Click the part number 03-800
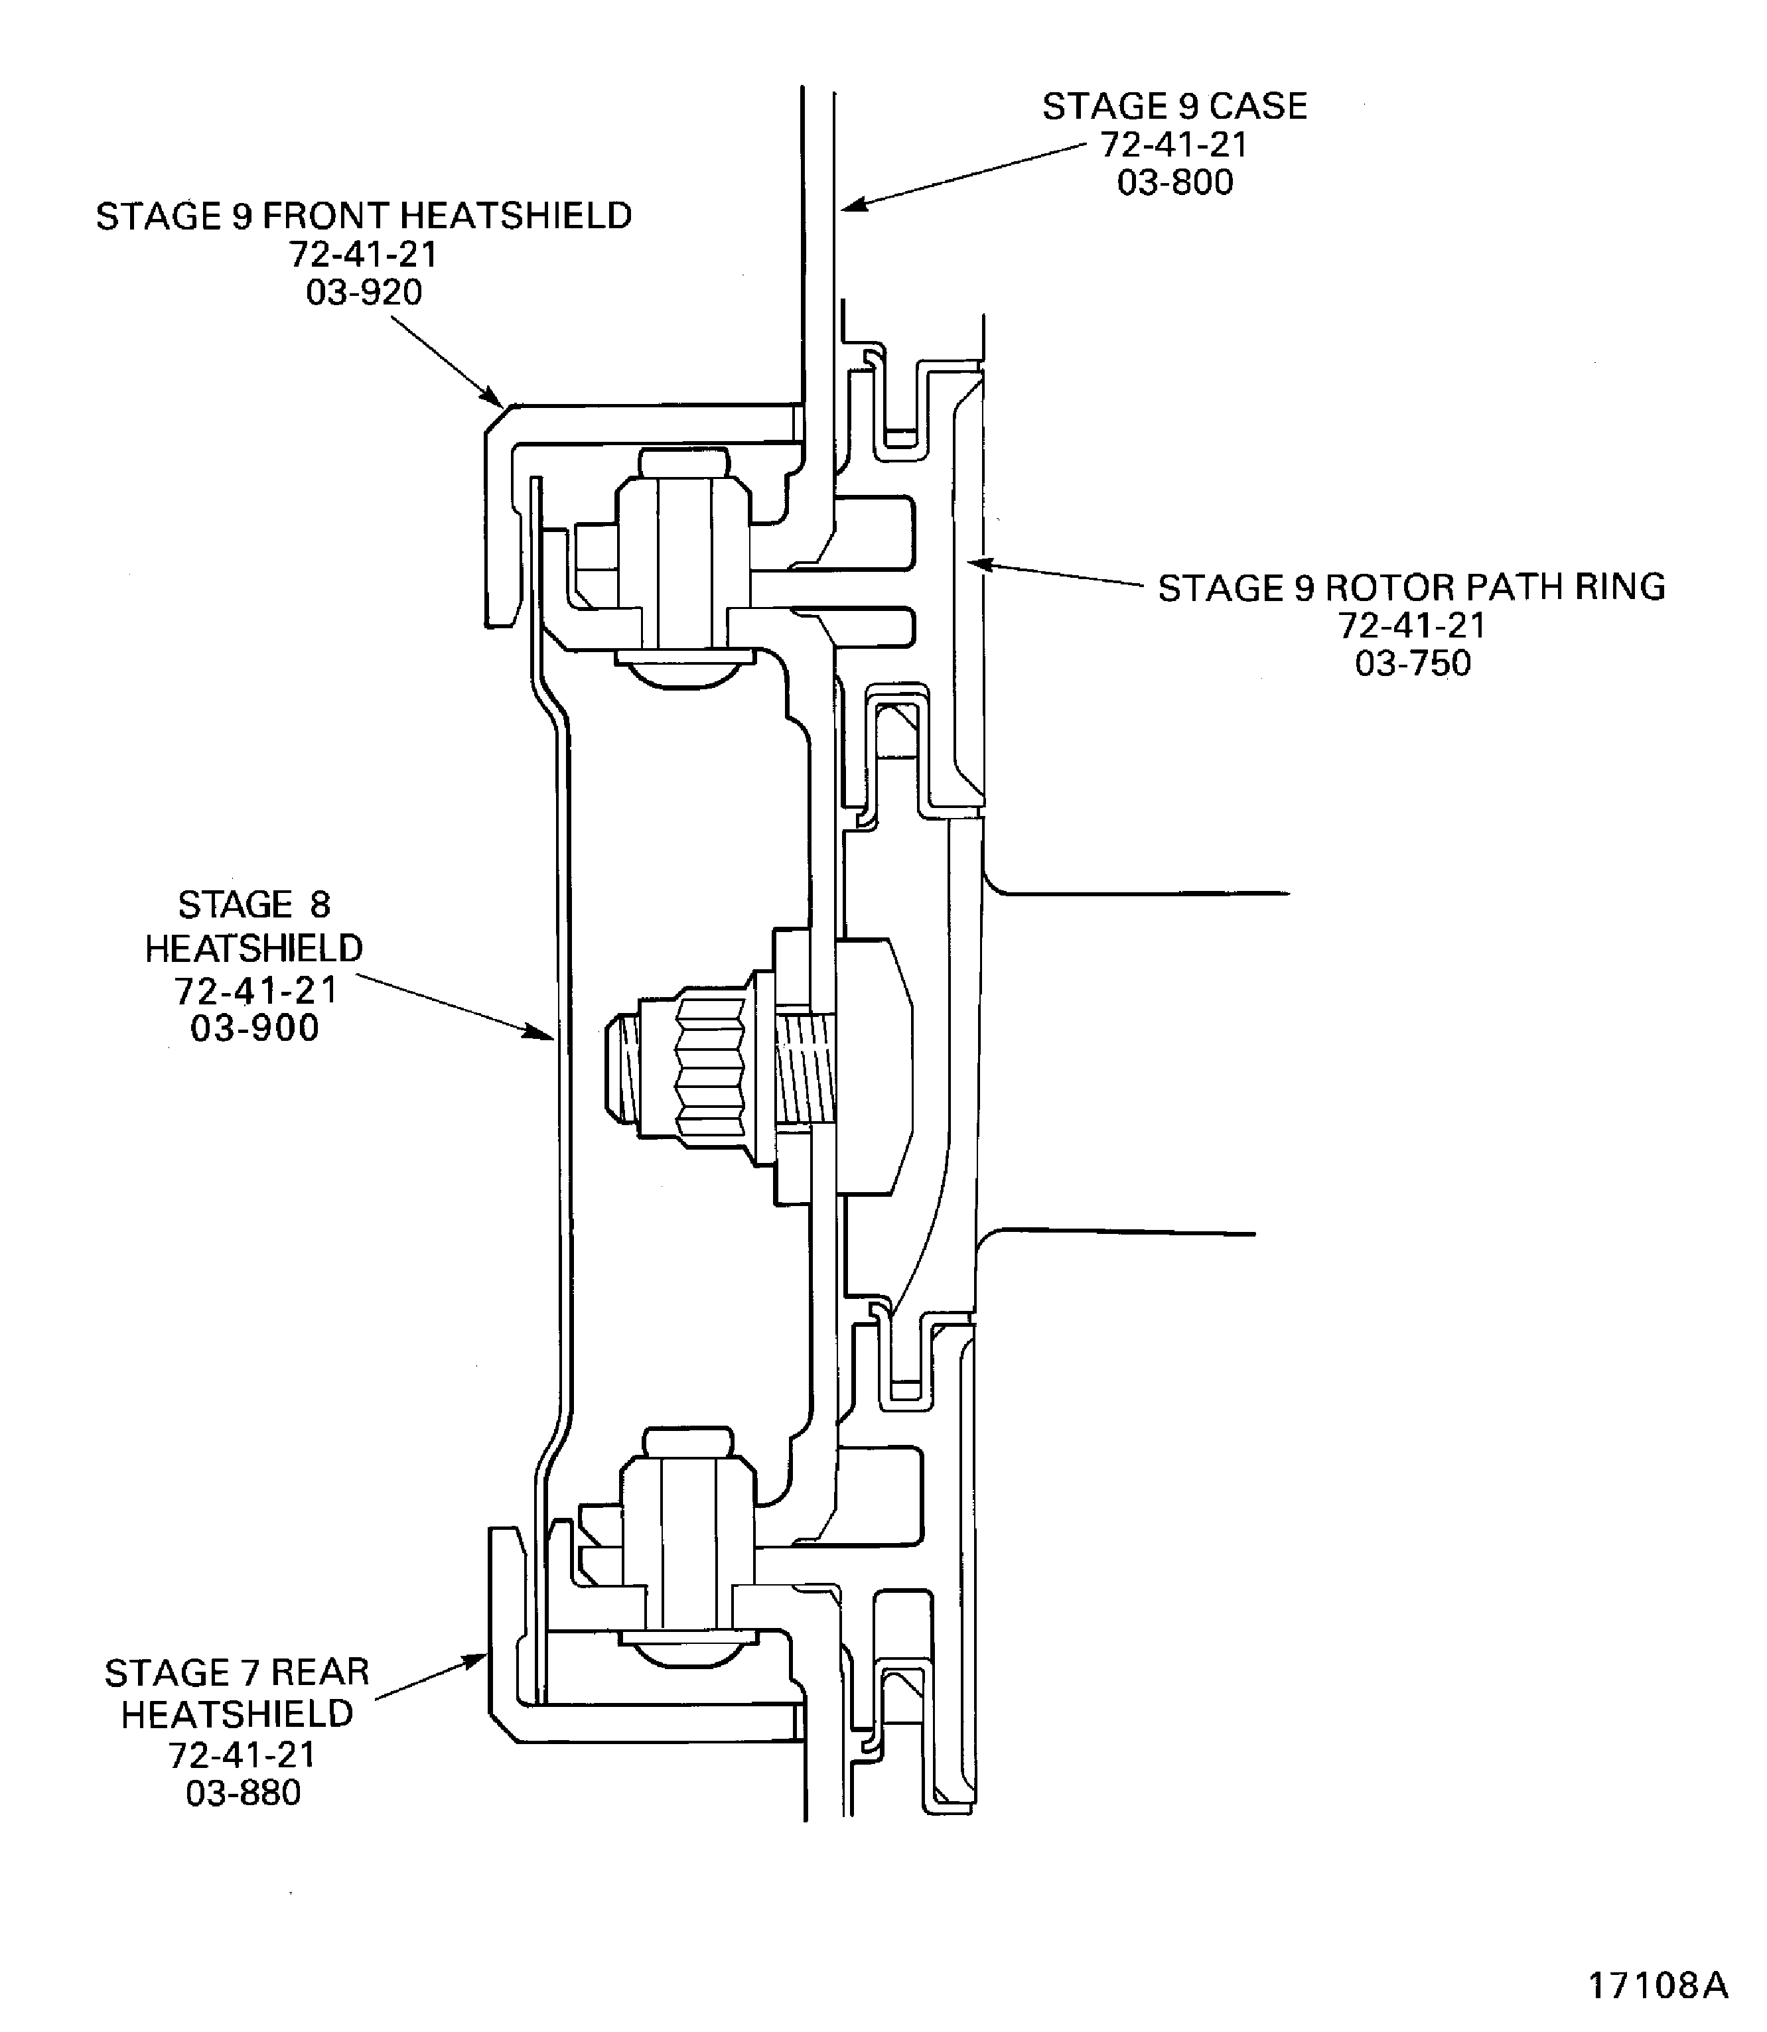pyautogui.click(x=1174, y=182)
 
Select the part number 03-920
pyautogui.click(x=364, y=292)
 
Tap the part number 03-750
pyautogui.click(x=1412, y=663)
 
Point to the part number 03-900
pyautogui.click(x=254, y=1028)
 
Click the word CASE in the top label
pyautogui.click(x=1257, y=107)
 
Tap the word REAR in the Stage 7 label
pyautogui.click(x=319, y=1672)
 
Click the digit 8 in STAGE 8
pyautogui.click(x=319, y=904)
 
